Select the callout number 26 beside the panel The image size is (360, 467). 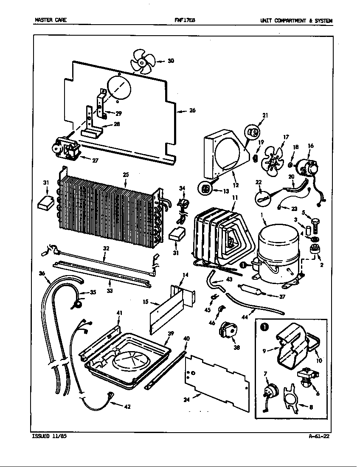click(192, 111)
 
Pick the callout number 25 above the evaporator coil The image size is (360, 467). click(126, 175)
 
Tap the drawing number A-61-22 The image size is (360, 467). click(319, 436)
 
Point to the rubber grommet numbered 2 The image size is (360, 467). click(315, 250)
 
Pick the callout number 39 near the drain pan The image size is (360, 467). click(171, 334)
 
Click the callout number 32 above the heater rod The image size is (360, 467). click(106, 248)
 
